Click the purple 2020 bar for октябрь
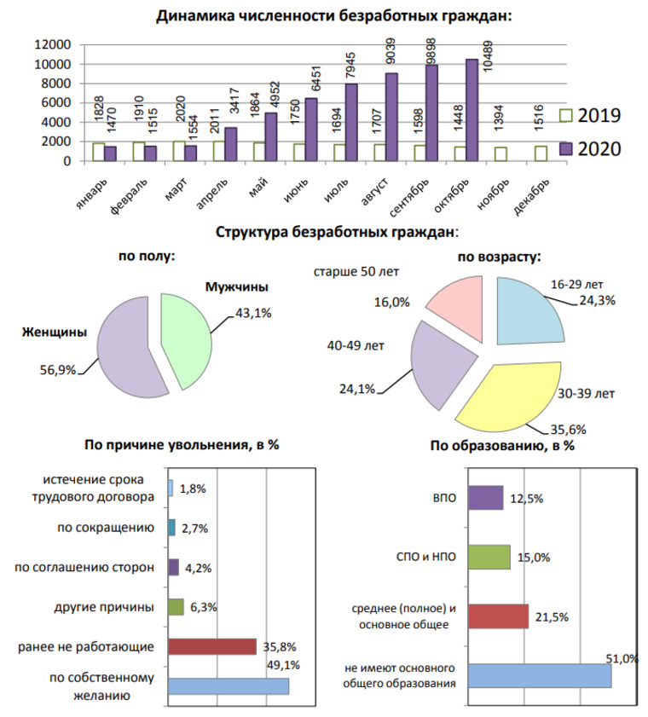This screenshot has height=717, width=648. tap(472, 110)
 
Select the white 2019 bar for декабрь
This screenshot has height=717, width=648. tap(541, 153)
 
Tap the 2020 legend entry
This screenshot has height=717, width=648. tap(590, 149)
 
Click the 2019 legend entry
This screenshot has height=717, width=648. tap(590, 115)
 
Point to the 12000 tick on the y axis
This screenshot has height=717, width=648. tap(53, 44)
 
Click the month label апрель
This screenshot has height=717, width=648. tap(211, 194)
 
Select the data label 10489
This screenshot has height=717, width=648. tap(488, 55)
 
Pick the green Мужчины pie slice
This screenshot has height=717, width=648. tap(185, 341)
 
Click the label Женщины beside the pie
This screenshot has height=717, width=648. tap(55, 332)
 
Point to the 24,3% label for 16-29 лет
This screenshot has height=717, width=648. tap(597, 300)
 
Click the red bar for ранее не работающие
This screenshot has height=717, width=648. tap(212, 646)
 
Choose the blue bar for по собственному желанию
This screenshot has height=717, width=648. tap(229, 686)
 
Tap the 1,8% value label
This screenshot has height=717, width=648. tap(193, 489)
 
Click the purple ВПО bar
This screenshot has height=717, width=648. tap(486, 498)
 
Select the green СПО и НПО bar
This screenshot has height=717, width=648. tap(489, 557)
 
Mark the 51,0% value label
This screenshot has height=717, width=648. tap(622, 658)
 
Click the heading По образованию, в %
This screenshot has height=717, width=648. tap(502, 445)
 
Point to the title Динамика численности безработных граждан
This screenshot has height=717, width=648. tap(334, 15)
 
